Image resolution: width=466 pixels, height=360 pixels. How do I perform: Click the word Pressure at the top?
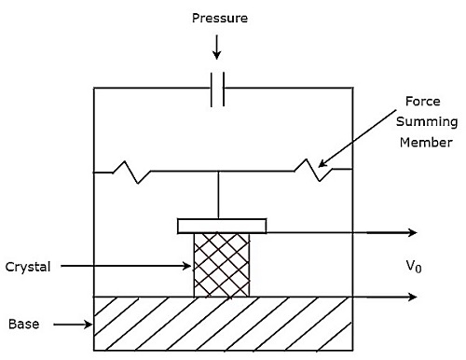220,17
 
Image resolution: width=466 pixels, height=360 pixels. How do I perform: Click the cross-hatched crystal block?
221,265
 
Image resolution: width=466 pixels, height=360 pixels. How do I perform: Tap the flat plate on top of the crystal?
222,227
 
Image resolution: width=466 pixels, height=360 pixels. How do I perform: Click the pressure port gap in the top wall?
217,89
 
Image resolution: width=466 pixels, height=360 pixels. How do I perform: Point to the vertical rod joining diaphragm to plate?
218,195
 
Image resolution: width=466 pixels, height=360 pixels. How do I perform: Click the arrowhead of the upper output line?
413,232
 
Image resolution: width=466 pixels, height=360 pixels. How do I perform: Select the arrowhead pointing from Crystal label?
189,266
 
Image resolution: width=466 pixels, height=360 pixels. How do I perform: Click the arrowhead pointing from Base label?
90,325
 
